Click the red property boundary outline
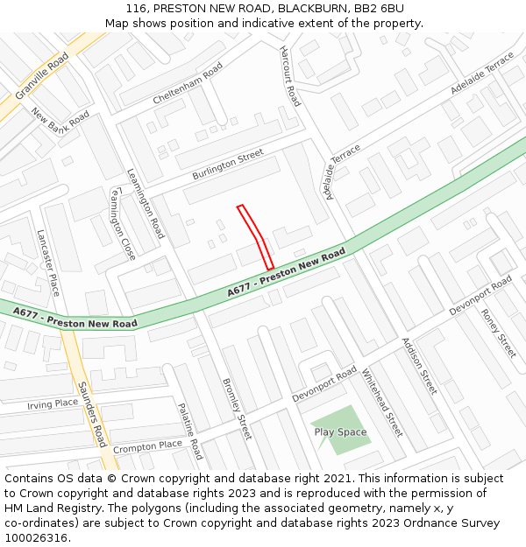[x=256, y=236]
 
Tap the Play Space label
[x=340, y=432]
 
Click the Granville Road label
[x=42, y=75]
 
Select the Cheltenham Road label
[x=188, y=84]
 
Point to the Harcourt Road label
[x=290, y=76]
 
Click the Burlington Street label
[x=228, y=165]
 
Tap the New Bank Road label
[x=60, y=128]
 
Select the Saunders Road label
[x=92, y=414]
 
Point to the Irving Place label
[x=53, y=404]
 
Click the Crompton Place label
[x=147, y=446]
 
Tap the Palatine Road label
[x=190, y=431]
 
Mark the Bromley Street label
[x=237, y=408]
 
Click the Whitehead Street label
[x=382, y=403]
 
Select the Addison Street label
[x=419, y=366]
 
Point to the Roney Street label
[x=498, y=333]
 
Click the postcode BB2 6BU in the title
[x=379, y=8]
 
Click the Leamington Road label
[x=146, y=203]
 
